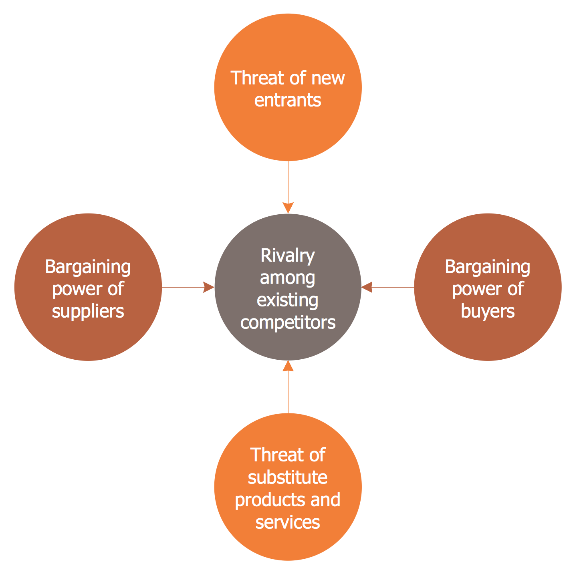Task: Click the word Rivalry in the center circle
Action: (288, 256)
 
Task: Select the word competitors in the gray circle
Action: (288, 322)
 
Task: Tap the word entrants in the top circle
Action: (288, 100)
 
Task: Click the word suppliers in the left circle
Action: (88, 311)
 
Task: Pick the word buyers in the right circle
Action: (488, 311)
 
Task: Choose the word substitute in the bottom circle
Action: (288, 477)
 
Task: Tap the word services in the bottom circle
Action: (288, 522)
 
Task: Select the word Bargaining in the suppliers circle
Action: (88, 267)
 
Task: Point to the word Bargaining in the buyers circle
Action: (488, 267)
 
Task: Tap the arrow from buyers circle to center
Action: (388, 287)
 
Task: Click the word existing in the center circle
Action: (288, 300)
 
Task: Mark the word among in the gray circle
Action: (288, 278)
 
